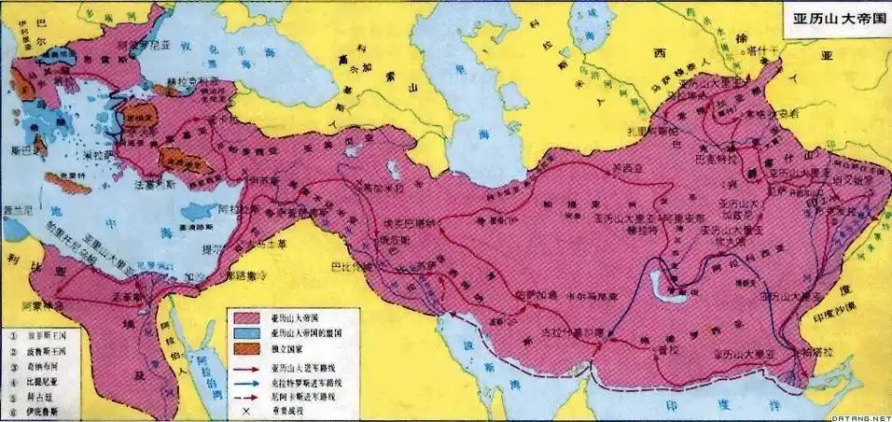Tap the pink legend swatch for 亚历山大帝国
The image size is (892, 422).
point(251,316)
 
